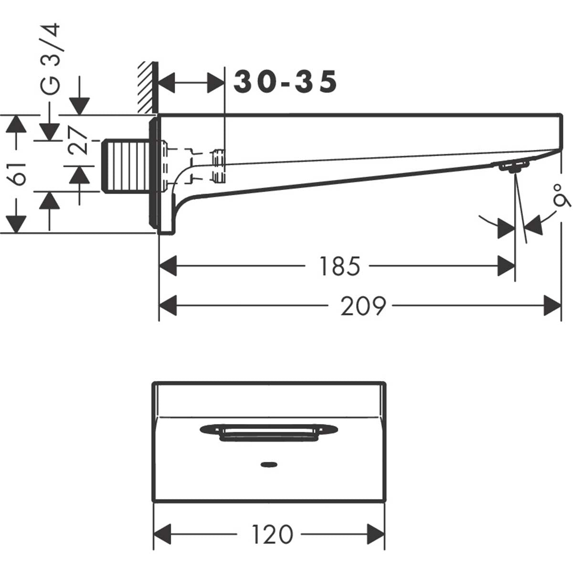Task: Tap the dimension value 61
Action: [18, 173]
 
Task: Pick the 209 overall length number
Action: [363, 306]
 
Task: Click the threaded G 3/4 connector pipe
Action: [127, 166]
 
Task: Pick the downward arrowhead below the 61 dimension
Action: [17, 223]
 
